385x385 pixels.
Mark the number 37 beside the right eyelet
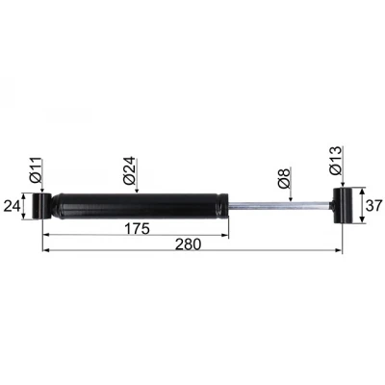pyautogui.click(x=373, y=206)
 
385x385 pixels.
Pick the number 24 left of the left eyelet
pyautogui.click(x=13, y=206)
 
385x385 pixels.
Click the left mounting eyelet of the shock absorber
pyautogui.click(x=41, y=206)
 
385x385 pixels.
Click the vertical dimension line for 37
pyautogui.click(x=362, y=206)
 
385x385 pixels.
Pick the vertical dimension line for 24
pyautogui.click(x=25, y=206)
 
